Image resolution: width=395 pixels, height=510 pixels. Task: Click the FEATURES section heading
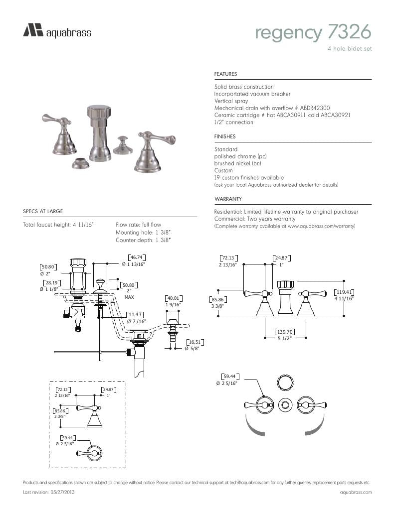[225, 74]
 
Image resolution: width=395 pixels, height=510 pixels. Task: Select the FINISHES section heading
[225, 136]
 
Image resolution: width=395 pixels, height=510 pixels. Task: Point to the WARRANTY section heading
[228, 199]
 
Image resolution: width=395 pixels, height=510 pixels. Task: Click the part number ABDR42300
[315, 108]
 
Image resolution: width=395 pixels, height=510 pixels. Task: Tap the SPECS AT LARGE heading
[43, 212]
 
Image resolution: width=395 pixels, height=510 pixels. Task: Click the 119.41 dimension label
[344, 292]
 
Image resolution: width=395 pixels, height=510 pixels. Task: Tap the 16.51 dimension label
[194, 342]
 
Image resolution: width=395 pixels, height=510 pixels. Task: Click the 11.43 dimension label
[135, 315]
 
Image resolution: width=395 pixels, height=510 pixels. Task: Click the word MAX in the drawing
[129, 297]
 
